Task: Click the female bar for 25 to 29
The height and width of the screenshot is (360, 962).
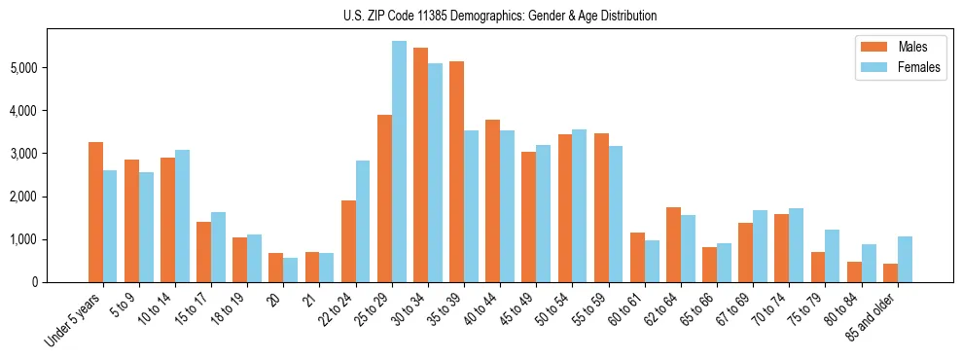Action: [399, 162]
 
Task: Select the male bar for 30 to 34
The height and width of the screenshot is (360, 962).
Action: [420, 165]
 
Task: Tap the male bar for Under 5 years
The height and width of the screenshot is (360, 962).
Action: [95, 212]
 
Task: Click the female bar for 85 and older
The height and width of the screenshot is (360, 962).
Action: [905, 259]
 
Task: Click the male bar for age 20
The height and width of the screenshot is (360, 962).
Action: [276, 268]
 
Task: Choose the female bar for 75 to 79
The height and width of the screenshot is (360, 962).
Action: [832, 256]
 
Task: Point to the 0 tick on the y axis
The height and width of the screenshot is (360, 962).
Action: [35, 282]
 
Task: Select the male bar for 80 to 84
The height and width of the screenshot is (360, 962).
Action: [853, 271]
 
